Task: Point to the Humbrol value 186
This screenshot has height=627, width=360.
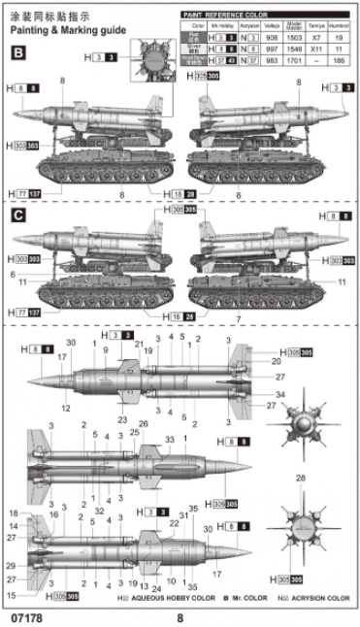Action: click(340, 58)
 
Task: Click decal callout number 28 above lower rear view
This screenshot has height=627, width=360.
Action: click(301, 478)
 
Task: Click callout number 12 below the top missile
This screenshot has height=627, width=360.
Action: click(66, 408)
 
